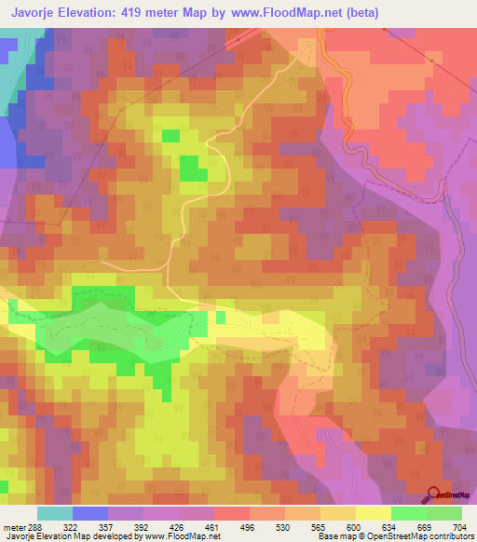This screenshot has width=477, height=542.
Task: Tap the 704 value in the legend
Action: tap(460, 526)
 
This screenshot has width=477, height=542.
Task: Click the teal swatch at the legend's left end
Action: tap(54, 513)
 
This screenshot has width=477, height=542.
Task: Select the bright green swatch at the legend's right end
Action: tap(444, 513)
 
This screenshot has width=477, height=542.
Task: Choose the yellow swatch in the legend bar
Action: tap(374, 513)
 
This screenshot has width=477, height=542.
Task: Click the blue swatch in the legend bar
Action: tap(89, 513)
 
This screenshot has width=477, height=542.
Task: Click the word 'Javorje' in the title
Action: tap(38, 12)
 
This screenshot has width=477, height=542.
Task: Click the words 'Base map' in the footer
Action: tap(335, 537)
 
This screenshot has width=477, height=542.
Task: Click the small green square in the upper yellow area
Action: tap(170, 136)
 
